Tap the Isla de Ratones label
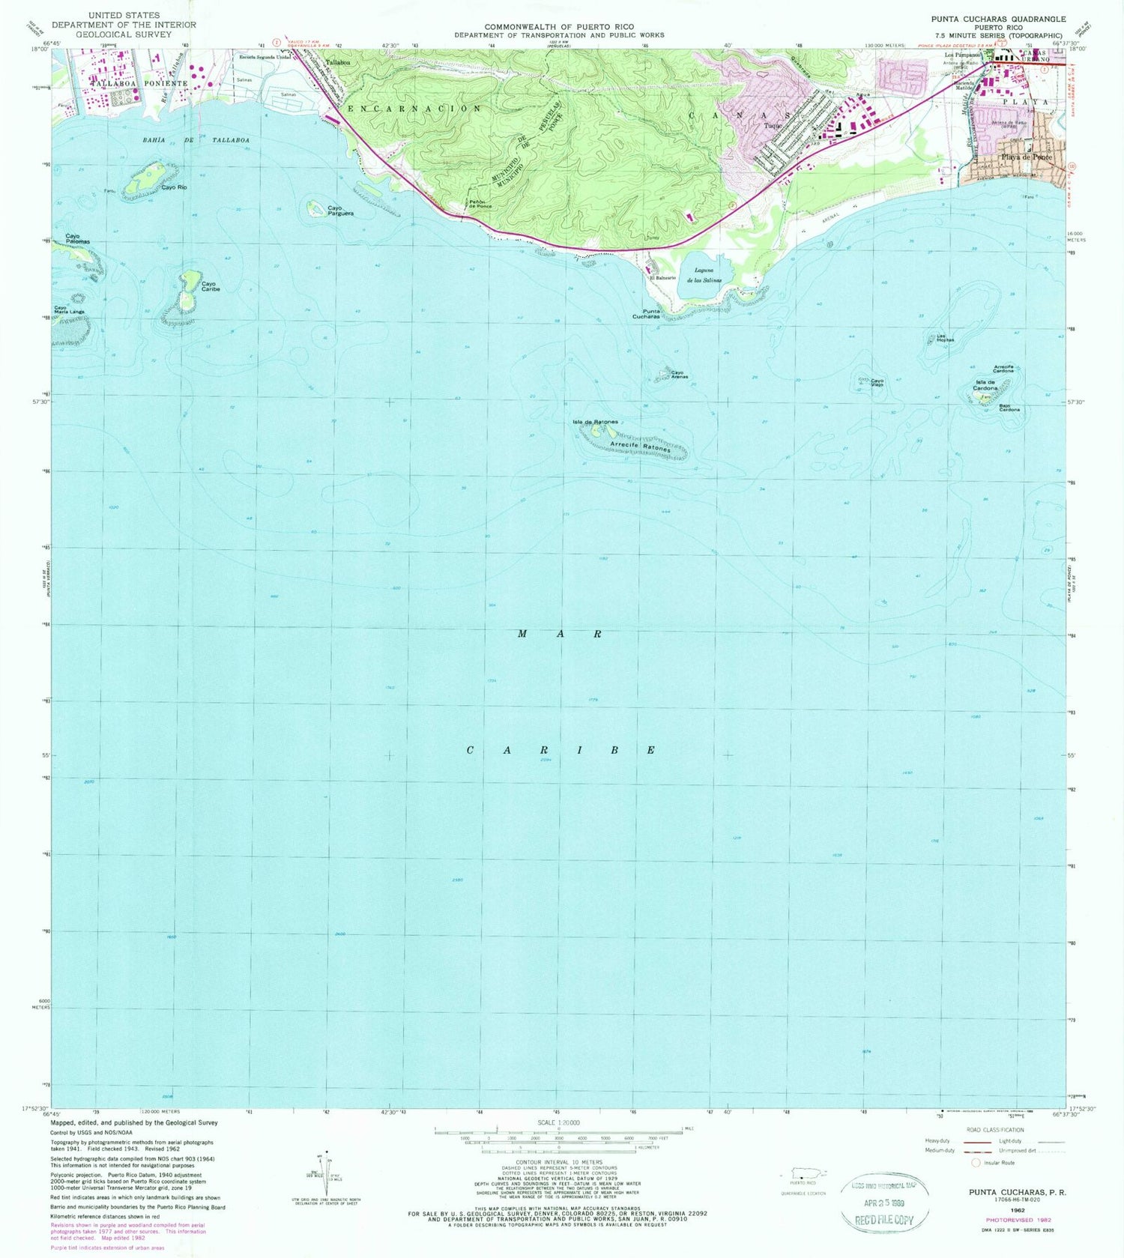pyautogui.click(x=595, y=422)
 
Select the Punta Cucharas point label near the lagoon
pyautogui.click(x=645, y=314)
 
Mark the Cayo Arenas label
pyautogui.click(x=679, y=375)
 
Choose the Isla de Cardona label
pyautogui.click(x=985, y=385)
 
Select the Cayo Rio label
pyautogui.click(x=174, y=187)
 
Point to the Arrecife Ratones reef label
pyautogui.click(x=640, y=446)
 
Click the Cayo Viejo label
pyautogui.click(x=877, y=382)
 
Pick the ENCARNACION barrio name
pyautogui.click(x=414, y=109)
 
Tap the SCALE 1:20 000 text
pyautogui.click(x=558, y=1122)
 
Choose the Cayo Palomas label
pyautogui.click(x=78, y=240)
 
